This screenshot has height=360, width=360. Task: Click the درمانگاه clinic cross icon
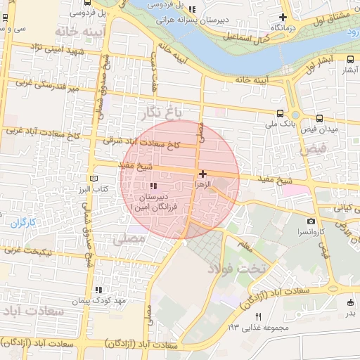tap(283, 17)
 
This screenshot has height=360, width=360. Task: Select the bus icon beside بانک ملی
tap(281, 113)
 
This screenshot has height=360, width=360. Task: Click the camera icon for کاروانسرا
tap(311, 221)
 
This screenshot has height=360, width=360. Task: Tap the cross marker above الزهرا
tap(202, 173)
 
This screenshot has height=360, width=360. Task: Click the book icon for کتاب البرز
tap(94, 179)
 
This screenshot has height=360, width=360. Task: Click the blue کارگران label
tap(22, 223)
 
